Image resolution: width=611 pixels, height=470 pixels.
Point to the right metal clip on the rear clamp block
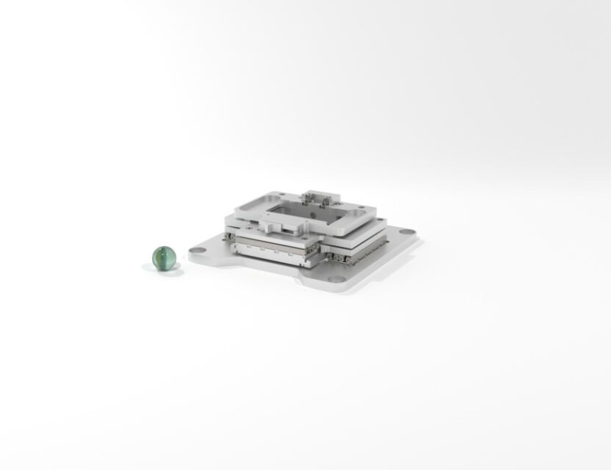click(327, 201)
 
